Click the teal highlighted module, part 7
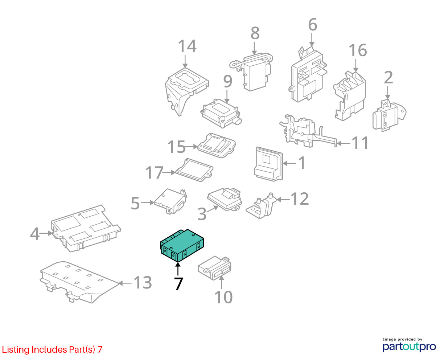pyautogui.click(x=182, y=245)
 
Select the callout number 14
pyautogui.click(x=187, y=46)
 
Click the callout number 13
pyautogui.click(x=143, y=282)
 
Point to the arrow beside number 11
pyautogui.click(x=343, y=143)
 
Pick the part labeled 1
pyautogui.click(x=268, y=164)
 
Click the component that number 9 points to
pyautogui.click(x=221, y=113)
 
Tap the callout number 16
pyautogui.click(x=358, y=50)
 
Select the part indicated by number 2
pyautogui.click(x=389, y=115)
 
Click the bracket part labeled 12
pyautogui.click(x=260, y=206)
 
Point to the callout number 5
pyautogui.click(x=135, y=203)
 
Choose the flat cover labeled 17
pyautogui.click(x=194, y=170)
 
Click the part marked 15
pyautogui.click(x=216, y=146)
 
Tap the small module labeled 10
pyautogui.click(x=214, y=268)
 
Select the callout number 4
pyautogui.click(x=34, y=234)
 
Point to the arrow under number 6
pyautogui.click(x=312, y=40)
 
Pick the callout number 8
pyautogui.click(x=255, y=33)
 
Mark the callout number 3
pyautogui.click(x=202, y=214)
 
